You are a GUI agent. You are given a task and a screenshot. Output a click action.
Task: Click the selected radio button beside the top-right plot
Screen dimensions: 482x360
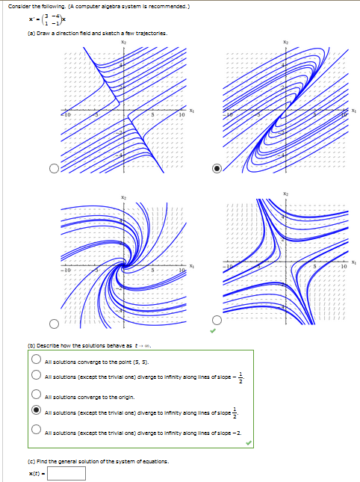pos(217,168)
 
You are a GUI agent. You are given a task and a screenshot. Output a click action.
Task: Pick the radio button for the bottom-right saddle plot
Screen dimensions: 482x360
pos(217,323)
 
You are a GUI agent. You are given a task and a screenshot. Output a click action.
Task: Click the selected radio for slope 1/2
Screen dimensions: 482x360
pos(36,411)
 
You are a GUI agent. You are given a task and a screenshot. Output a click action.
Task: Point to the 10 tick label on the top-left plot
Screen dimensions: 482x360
pos(181,116)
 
